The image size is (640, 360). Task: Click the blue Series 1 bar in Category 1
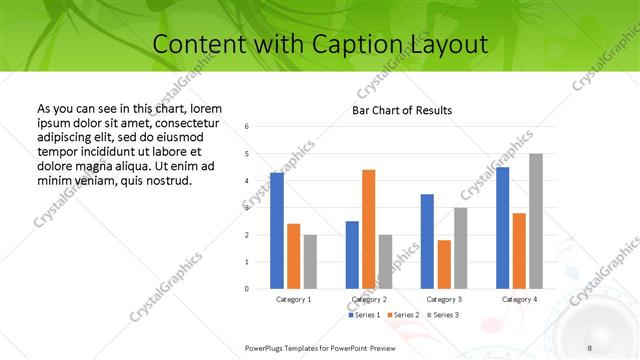pos(277,231)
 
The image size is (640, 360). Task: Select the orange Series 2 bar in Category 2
pos(368,229)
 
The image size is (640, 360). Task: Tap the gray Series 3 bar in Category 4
pos(536,221)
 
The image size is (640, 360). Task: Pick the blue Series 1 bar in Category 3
pos(427,241)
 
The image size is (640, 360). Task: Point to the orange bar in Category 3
pos(444,264)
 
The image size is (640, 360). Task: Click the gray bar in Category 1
pos(310,262)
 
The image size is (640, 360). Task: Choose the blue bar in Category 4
pos(502,228)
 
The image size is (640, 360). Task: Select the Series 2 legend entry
pos(402,315)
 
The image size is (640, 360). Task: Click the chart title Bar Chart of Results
pos(402,110)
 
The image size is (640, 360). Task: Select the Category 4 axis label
pos(519,299)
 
